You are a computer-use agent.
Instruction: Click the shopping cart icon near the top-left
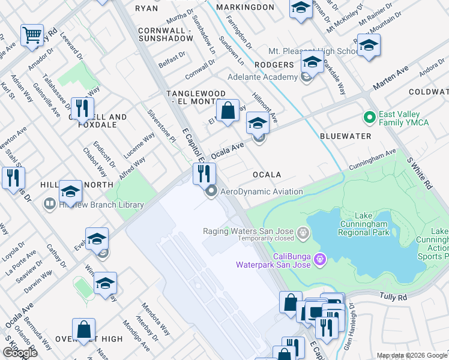(32, 34)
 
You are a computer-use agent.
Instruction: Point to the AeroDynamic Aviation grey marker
(211, 192)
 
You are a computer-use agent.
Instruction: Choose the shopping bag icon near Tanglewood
(228, 110)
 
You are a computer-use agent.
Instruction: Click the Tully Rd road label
(393, 296)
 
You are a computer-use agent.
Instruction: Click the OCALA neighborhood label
(267, 175)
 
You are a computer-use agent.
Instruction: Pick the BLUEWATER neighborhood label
(345, 136)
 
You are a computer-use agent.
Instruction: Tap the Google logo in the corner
(20, 353)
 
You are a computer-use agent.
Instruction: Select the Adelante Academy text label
(262, 77)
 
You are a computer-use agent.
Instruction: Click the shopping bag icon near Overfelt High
(83, 329)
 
